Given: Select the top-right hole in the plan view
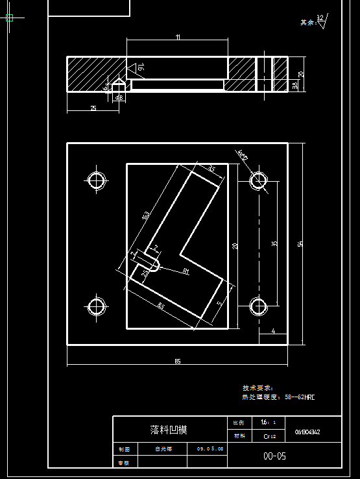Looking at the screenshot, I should [x=259, y=180].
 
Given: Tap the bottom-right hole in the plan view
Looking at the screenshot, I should [x=259, y=305].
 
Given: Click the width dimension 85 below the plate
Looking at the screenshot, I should [x=177, y=361].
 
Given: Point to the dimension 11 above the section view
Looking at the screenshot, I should [x=178, y=37].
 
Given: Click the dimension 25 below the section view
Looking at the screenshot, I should [x=93, y=108].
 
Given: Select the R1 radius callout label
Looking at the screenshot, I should [x=186, y=270].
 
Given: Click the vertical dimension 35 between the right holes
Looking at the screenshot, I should [x=274, y=243].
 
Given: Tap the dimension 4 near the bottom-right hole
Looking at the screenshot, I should [x=273, y=331].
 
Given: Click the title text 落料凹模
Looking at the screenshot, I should [x=169, y=430].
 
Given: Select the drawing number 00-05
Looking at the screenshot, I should [x=274, y=456].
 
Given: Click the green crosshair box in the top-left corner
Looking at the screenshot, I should [x=9, y=18].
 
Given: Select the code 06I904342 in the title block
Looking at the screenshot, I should [x=307, y=432].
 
